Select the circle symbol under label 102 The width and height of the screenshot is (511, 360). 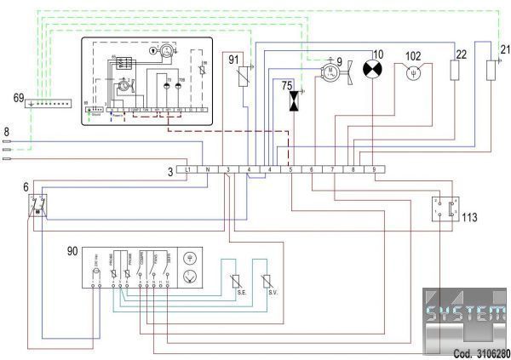click(x=413, y=72)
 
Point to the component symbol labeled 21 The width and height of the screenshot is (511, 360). click(x=491, y=69)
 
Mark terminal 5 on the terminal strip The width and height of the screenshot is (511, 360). click(x=291, y=169)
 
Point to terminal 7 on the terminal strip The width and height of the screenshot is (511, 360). click(x=333, y=169)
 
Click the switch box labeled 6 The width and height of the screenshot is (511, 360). click(x=37, y=204)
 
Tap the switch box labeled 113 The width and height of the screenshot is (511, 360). click(x=444, y=209)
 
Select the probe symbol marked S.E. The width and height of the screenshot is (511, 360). click(x=238, y=283)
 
